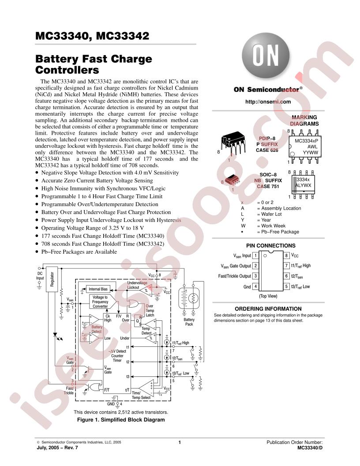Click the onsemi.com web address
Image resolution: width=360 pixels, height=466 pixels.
click(x=268, y=102)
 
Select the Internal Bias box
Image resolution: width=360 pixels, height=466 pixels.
click(x=98, y=289)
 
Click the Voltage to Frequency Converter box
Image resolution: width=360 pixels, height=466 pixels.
click(x=100, y=302)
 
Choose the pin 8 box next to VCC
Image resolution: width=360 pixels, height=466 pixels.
click(x=286, y=256)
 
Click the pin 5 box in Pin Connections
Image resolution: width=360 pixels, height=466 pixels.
click(x=286, y=286)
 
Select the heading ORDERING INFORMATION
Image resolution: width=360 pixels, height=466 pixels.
click(x=268, y=309)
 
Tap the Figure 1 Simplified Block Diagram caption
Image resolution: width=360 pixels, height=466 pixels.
click(x=121, y=420)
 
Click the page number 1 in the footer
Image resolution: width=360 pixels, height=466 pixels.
click(x=180, y=442)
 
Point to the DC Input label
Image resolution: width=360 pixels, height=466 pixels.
click(x=40, y=276)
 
